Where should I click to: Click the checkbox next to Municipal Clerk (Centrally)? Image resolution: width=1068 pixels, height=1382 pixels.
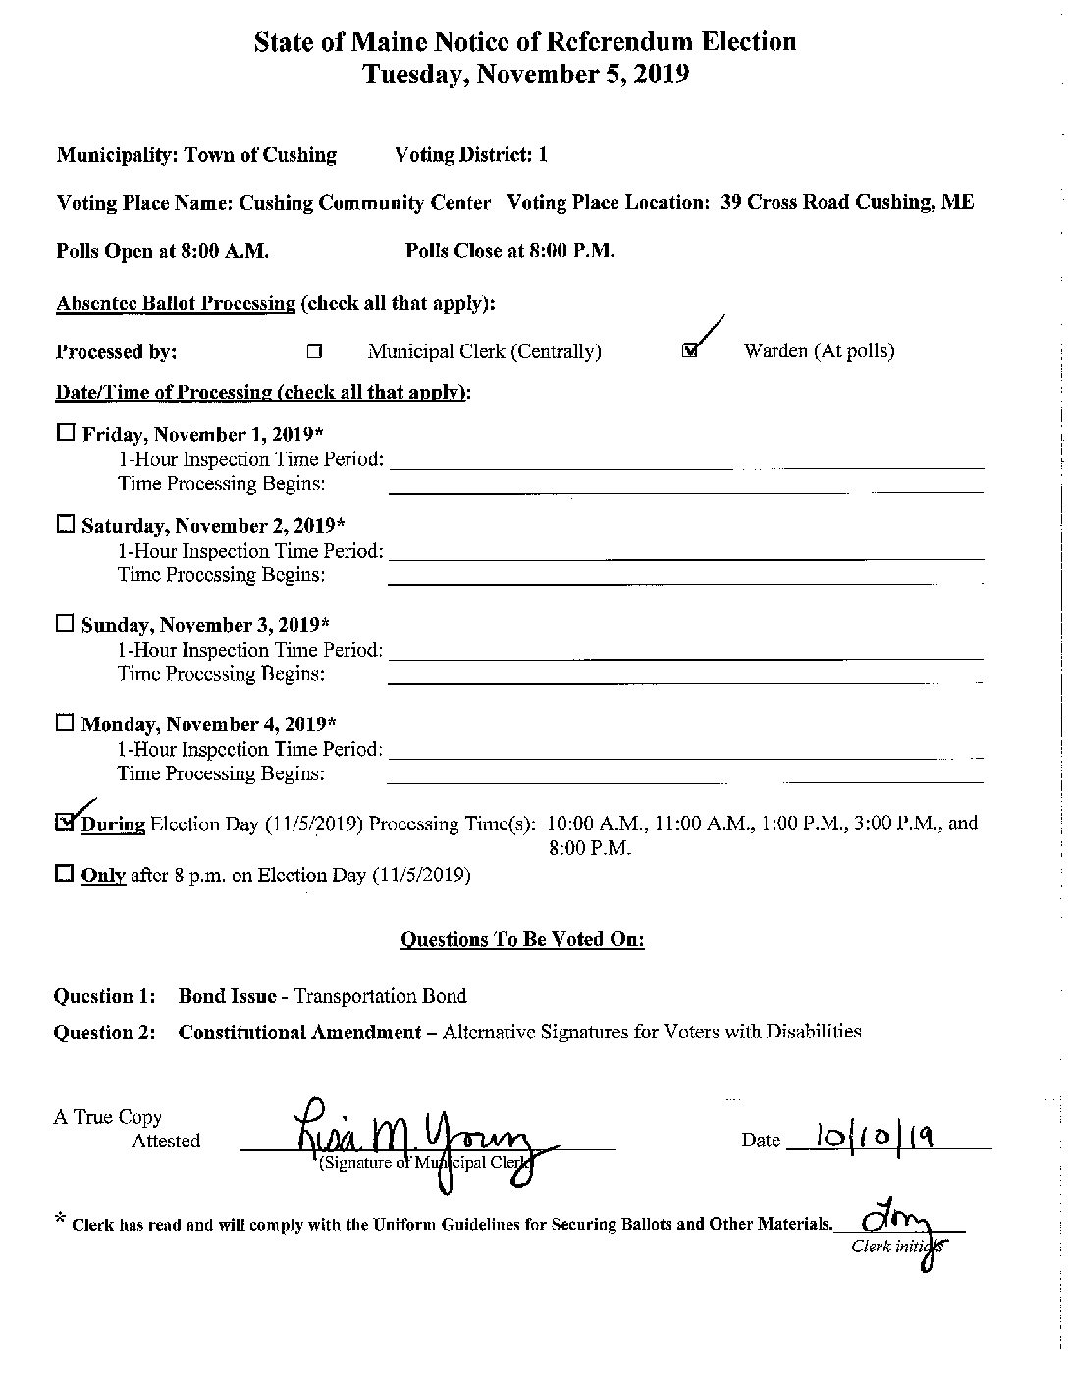tap(314, 351)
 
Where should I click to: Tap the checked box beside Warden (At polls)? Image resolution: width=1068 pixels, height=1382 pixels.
tap(690, 351)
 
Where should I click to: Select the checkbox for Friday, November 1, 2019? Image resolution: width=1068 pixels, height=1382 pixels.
tap(66, 432)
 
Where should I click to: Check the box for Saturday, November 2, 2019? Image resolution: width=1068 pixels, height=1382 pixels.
tap(66, 524)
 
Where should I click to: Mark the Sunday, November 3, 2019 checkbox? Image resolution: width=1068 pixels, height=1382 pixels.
tap(66, 623)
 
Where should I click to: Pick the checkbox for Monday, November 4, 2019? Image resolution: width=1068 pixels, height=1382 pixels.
tap(66, 723)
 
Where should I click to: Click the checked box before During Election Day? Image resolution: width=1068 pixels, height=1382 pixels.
tap(66, 823)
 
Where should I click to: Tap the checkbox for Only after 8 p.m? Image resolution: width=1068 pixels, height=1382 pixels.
tap(66, 874)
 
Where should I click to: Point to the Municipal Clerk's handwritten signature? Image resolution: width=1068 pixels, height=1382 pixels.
tap(412, 1134)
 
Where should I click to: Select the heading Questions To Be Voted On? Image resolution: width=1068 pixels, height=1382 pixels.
tap(522, 940)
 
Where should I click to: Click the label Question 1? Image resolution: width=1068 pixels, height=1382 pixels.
tap(105, 996)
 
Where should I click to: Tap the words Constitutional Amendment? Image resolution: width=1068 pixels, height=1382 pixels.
tap(299, 1033)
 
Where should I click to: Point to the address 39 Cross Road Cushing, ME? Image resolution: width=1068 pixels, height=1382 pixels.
tap(847, 203)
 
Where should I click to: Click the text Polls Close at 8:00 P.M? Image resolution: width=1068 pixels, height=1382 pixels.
tap(510, 251)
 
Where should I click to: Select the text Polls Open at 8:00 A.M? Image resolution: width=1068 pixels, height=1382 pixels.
tap(163, 251)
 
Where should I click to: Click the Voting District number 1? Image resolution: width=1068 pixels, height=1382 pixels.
tap(543, 155)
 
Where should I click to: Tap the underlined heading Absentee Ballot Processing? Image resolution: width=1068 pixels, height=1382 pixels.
tap(176, 303)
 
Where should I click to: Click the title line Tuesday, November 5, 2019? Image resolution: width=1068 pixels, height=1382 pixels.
tap(526, 74)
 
